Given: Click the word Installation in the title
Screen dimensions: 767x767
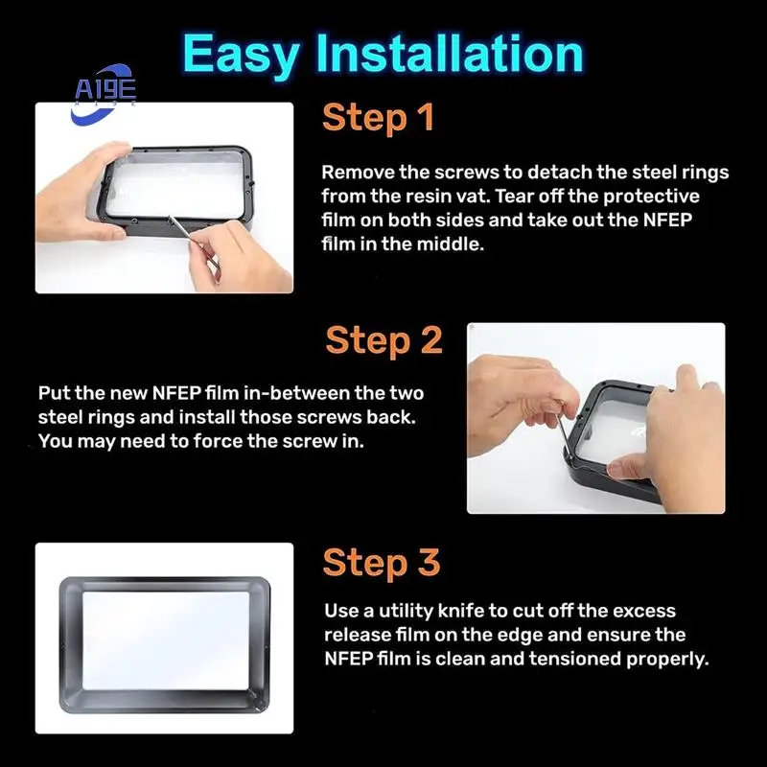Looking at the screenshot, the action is click(450, 53).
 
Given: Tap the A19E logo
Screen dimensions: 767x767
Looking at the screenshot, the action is click(104, 93).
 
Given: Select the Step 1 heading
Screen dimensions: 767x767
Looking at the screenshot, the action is click(378, 118).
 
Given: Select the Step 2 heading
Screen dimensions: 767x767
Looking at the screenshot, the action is click(384, 340).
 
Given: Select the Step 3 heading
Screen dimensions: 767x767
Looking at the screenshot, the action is click(382, 563).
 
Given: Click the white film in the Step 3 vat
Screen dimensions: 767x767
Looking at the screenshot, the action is click(166, 640).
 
